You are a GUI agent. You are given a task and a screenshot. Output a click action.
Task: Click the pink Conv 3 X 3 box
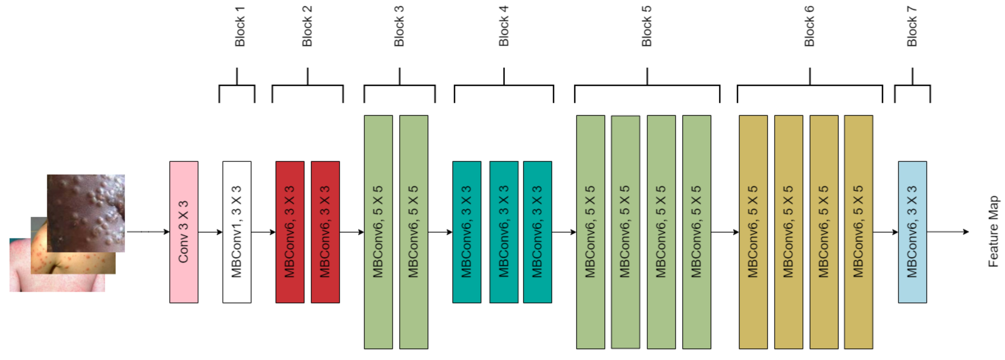183,232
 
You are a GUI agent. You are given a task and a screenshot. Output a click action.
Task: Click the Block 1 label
239,26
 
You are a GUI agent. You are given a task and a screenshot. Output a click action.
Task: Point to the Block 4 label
503,26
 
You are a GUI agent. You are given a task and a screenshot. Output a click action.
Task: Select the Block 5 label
646,26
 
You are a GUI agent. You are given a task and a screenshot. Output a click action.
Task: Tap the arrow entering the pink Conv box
148,232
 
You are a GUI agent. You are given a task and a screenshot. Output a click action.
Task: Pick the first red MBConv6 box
290,232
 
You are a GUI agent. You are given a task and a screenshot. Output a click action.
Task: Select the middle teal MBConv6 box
503,232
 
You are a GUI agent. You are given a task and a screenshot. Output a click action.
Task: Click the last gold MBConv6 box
858,232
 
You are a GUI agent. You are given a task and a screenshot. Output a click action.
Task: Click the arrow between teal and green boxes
564,232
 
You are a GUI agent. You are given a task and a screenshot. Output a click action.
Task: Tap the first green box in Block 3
378,232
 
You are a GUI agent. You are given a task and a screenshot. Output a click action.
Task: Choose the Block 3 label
399,26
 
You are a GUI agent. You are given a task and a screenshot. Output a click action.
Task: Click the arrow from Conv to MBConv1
210,232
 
